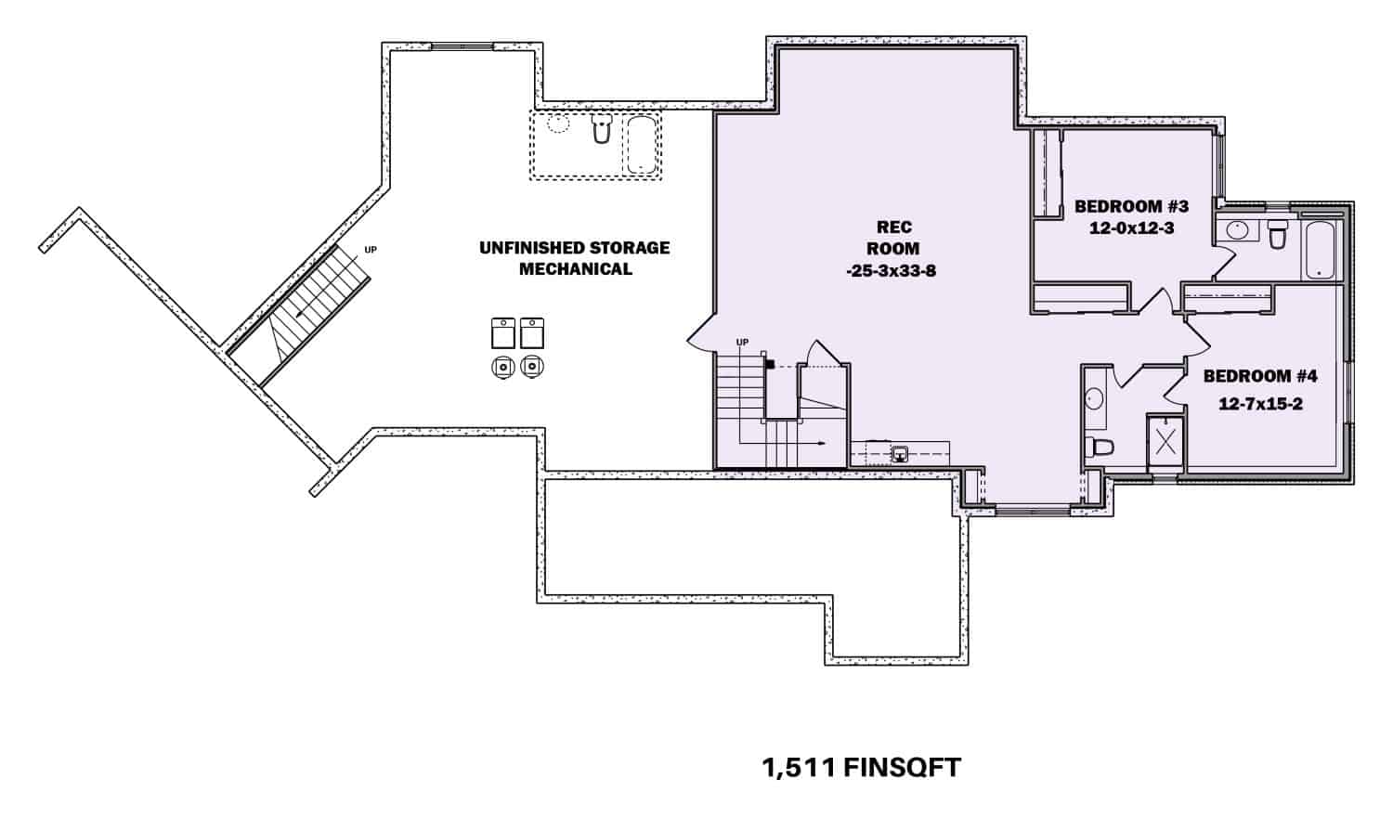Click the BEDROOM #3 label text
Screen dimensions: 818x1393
point(1131,206)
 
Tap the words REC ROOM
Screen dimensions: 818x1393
point(893,238)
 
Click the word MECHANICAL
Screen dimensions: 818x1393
point(575,269)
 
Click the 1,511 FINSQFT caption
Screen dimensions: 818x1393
point(861,768)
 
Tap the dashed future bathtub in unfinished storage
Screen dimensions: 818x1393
point(641,145)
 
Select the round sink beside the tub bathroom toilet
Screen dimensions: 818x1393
point(1237,230)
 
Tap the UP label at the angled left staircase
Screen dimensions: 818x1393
point(371,250)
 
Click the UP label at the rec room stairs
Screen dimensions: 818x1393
point(742,343)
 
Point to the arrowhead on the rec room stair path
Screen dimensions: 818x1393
point(823,444)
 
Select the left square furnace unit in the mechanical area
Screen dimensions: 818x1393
point(502,332)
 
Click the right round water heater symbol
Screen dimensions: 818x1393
point(531,367)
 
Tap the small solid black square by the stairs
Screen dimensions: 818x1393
point(770,364)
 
